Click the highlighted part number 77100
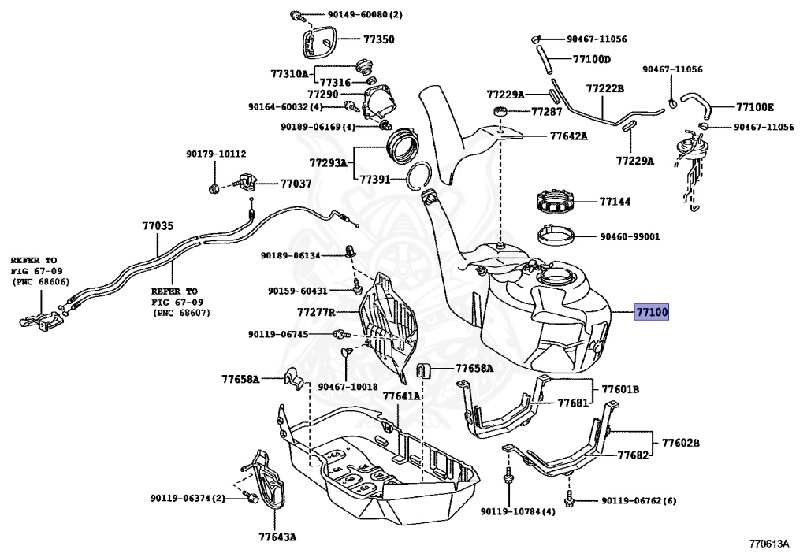point(653,313)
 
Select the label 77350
point(378,39)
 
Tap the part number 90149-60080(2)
point(348,15)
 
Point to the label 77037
point(296,184)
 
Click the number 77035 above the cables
point(157,226)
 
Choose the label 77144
point(615,202)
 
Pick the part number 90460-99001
point(630,236)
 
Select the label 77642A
point(569,136)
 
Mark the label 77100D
point(592,59)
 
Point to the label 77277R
point(316,312)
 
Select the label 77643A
point(277,537)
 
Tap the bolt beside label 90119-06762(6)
point(569,499)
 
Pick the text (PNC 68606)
point(40,282)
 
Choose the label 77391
point(375,180)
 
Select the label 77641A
point(401,396)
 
